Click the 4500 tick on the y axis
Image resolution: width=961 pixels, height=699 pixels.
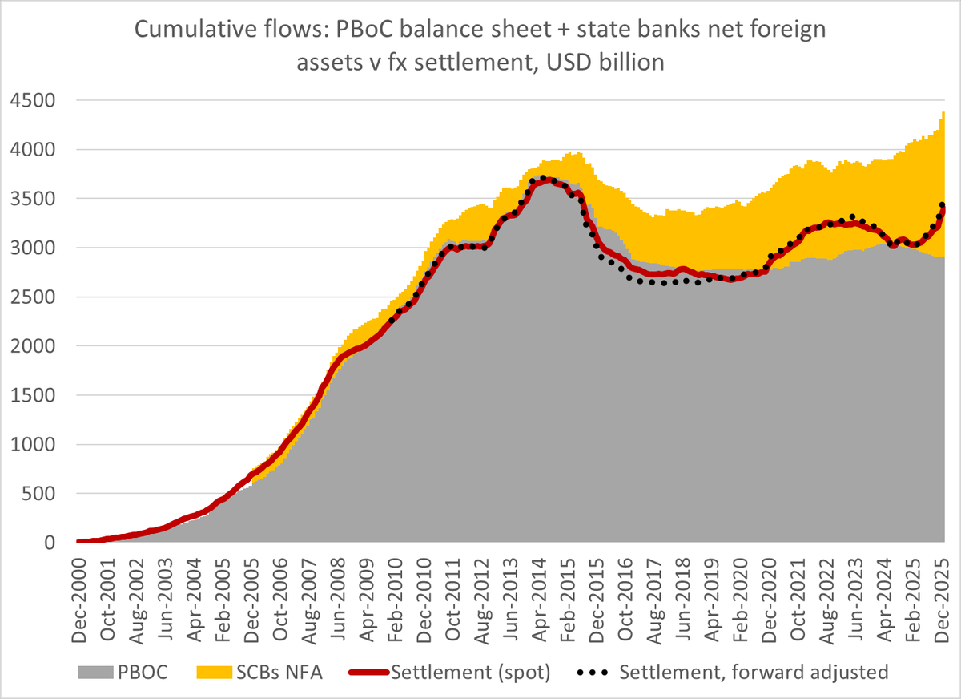point(34,100)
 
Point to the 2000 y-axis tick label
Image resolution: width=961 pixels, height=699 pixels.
point(34,346)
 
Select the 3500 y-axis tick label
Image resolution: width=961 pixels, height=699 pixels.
point(34,199)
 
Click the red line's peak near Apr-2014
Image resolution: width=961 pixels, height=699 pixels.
point(544,180)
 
